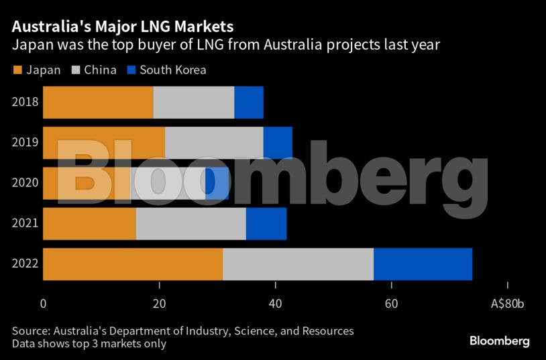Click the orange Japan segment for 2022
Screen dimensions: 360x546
(x=133, y=264)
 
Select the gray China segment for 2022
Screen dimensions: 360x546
(x=298, y=264)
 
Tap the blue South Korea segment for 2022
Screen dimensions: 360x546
(x=423, y=264)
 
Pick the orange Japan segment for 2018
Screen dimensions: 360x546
(x=99, y=103)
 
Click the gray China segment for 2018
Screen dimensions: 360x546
(x=194, y=103)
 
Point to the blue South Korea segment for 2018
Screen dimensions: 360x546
(x=249, y=103)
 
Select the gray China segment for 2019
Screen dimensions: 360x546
(x=214, y=143)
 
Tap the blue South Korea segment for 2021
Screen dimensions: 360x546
(x=266, y=224)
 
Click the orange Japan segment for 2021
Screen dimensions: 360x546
(x=90, y=224)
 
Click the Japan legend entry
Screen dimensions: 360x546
(x=38, y=70)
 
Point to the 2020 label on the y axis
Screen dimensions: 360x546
(x=25, y=183)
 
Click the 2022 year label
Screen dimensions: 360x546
(x=25, y=264)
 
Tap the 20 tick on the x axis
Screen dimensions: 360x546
(x=160, y=303)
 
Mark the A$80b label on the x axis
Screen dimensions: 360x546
(x=507, y=303)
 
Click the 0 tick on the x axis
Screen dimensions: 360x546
(x=44, y=303)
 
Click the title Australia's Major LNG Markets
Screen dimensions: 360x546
(x=123, y=27)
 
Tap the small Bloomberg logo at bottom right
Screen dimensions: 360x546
(x=499, y=341)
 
